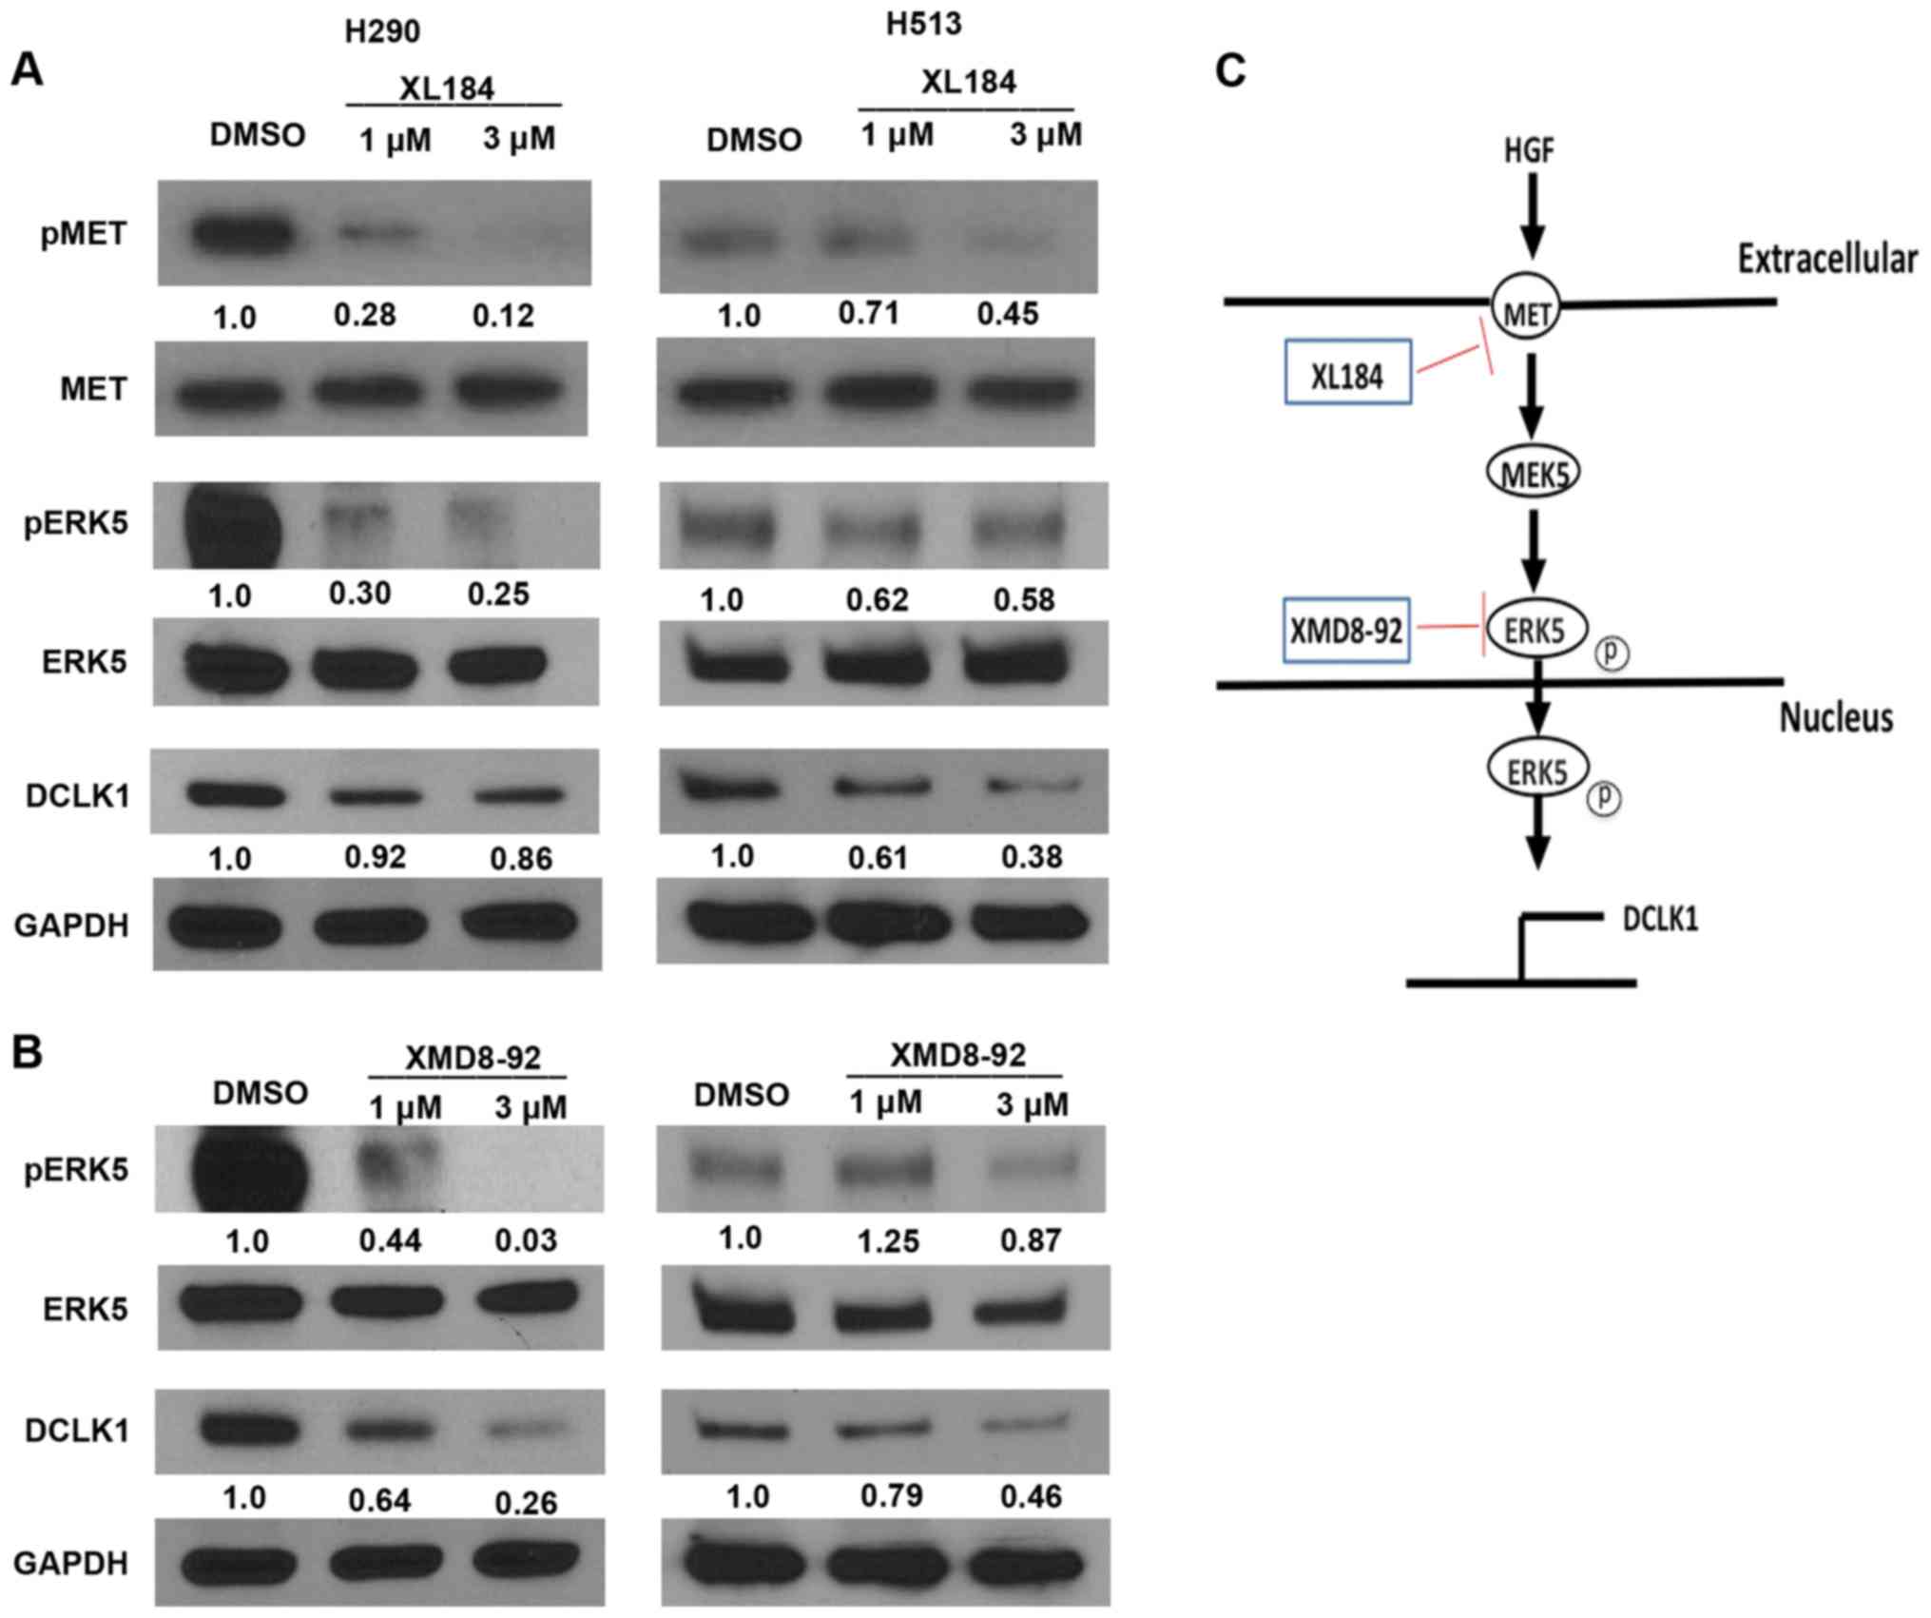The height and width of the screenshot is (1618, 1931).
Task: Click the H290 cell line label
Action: pyautogui.click(x=381, y=31)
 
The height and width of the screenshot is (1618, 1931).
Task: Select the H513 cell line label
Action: pyautogui.click(x=923, y=24)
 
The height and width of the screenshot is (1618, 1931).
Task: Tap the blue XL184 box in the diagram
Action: pyautogui.click(x=1347, y=372)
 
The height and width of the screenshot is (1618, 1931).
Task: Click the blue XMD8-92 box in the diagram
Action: pyautogui.click(x=1345, y=630)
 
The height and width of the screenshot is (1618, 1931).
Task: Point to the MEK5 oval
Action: pyautogui.click(x=1532, y=472)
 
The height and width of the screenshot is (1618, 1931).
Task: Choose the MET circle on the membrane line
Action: pyautogui.click(x=1526, y=306)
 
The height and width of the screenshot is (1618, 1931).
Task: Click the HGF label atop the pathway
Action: pyautogui.click(x=1529, y=150)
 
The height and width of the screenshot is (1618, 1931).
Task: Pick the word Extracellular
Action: pyautogui.click(x=1826, y=259)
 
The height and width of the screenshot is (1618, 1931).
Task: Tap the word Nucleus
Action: pyautogui.click(x=1835, y=716)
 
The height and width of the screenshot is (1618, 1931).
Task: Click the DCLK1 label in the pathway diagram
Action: pyautogui.click(x=1659, y=919)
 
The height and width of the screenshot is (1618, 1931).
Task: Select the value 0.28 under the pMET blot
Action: pyautogui.click(x=364, y=315)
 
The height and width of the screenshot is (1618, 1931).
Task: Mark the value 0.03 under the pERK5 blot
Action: pyautogui.click(x=526, y=1239)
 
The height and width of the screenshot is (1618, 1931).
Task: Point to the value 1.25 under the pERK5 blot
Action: pyautogui.click(x=888, y=1240)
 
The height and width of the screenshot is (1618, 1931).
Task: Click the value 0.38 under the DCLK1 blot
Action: pyautogui.click(x=1031, y=857)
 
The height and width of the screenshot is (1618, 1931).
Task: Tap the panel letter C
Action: pyautogui.click(x=1230, y=70)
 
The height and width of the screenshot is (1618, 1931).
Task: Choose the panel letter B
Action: pyautogui.click(x=27, y=1053)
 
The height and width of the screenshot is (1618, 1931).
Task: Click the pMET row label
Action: pyautogui.click(x=84, y=233)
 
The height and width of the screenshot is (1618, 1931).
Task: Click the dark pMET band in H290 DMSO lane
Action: pyautogui.click(x=242, y=233)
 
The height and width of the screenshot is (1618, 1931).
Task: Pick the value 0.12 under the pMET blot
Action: pyautogui.click(x=503, y=315)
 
